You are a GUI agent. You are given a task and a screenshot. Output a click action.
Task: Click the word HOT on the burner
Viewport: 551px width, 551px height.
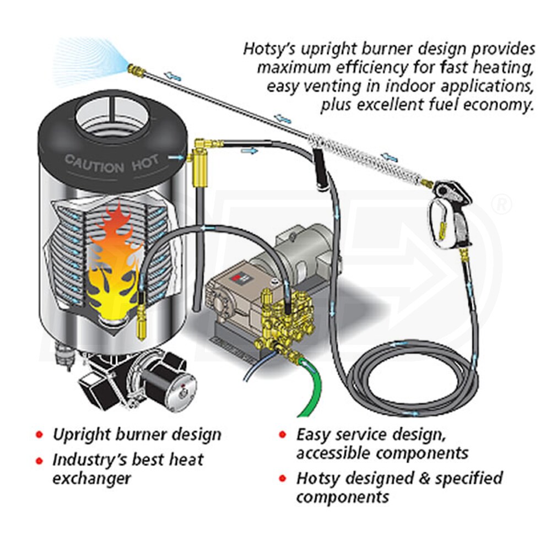(x=144, y=161)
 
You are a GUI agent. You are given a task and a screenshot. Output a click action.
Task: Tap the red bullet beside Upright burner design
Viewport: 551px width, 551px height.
(x=39, y=435)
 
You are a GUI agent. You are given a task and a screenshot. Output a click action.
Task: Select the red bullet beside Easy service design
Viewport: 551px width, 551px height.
(x=283, y=435)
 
